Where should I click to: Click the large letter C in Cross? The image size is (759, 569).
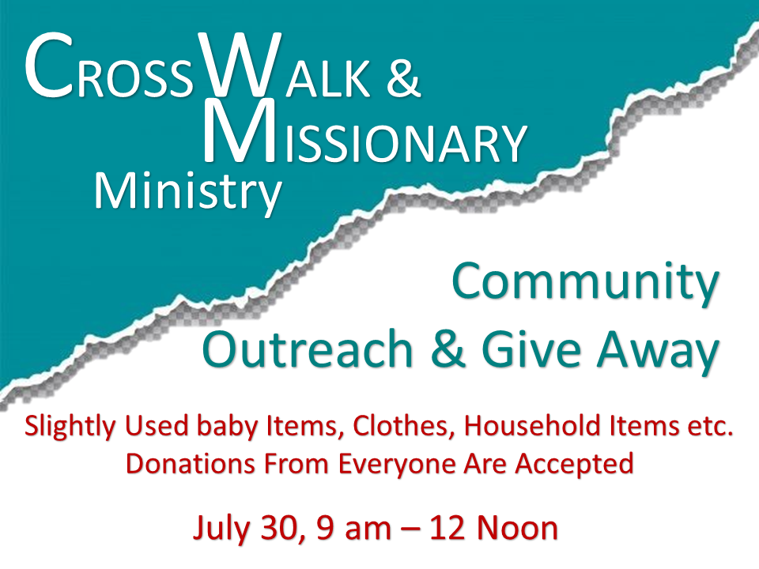[49, 65]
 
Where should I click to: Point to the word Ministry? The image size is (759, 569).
[188, 192]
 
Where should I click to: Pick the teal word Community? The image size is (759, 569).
[585, 282]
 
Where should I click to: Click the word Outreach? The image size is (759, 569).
[308, 349]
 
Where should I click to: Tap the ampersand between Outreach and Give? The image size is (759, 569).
[447, 349]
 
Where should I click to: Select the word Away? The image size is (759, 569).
[659, 351]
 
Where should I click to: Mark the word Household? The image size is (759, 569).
[532, 426]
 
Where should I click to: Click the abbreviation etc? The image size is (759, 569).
[711, 427]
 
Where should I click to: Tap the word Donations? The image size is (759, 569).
[191, 463]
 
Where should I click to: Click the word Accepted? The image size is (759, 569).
[574, 465]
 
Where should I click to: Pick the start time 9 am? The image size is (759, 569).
[353, 529]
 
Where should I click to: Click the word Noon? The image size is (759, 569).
[517, 527]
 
